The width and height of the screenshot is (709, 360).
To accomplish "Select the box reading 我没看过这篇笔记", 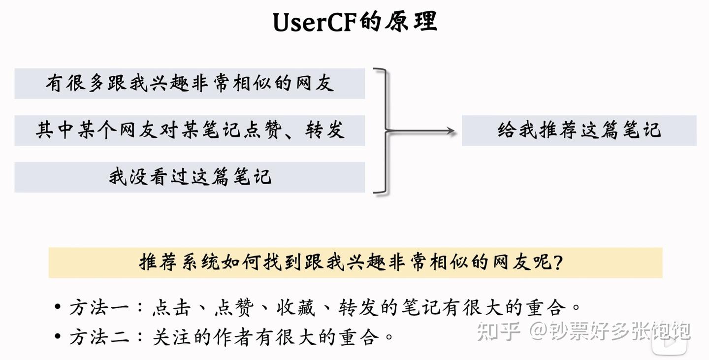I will pos(190,177).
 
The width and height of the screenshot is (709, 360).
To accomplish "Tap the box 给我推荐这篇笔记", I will pos(579,131).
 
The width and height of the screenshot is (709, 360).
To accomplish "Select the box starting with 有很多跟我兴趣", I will pos(190,84).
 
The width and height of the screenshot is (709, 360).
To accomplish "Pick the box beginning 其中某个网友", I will pos(190,131).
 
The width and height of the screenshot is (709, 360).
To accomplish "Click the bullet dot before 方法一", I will pos(58,307).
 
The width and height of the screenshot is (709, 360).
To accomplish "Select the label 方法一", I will pos(99,307).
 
